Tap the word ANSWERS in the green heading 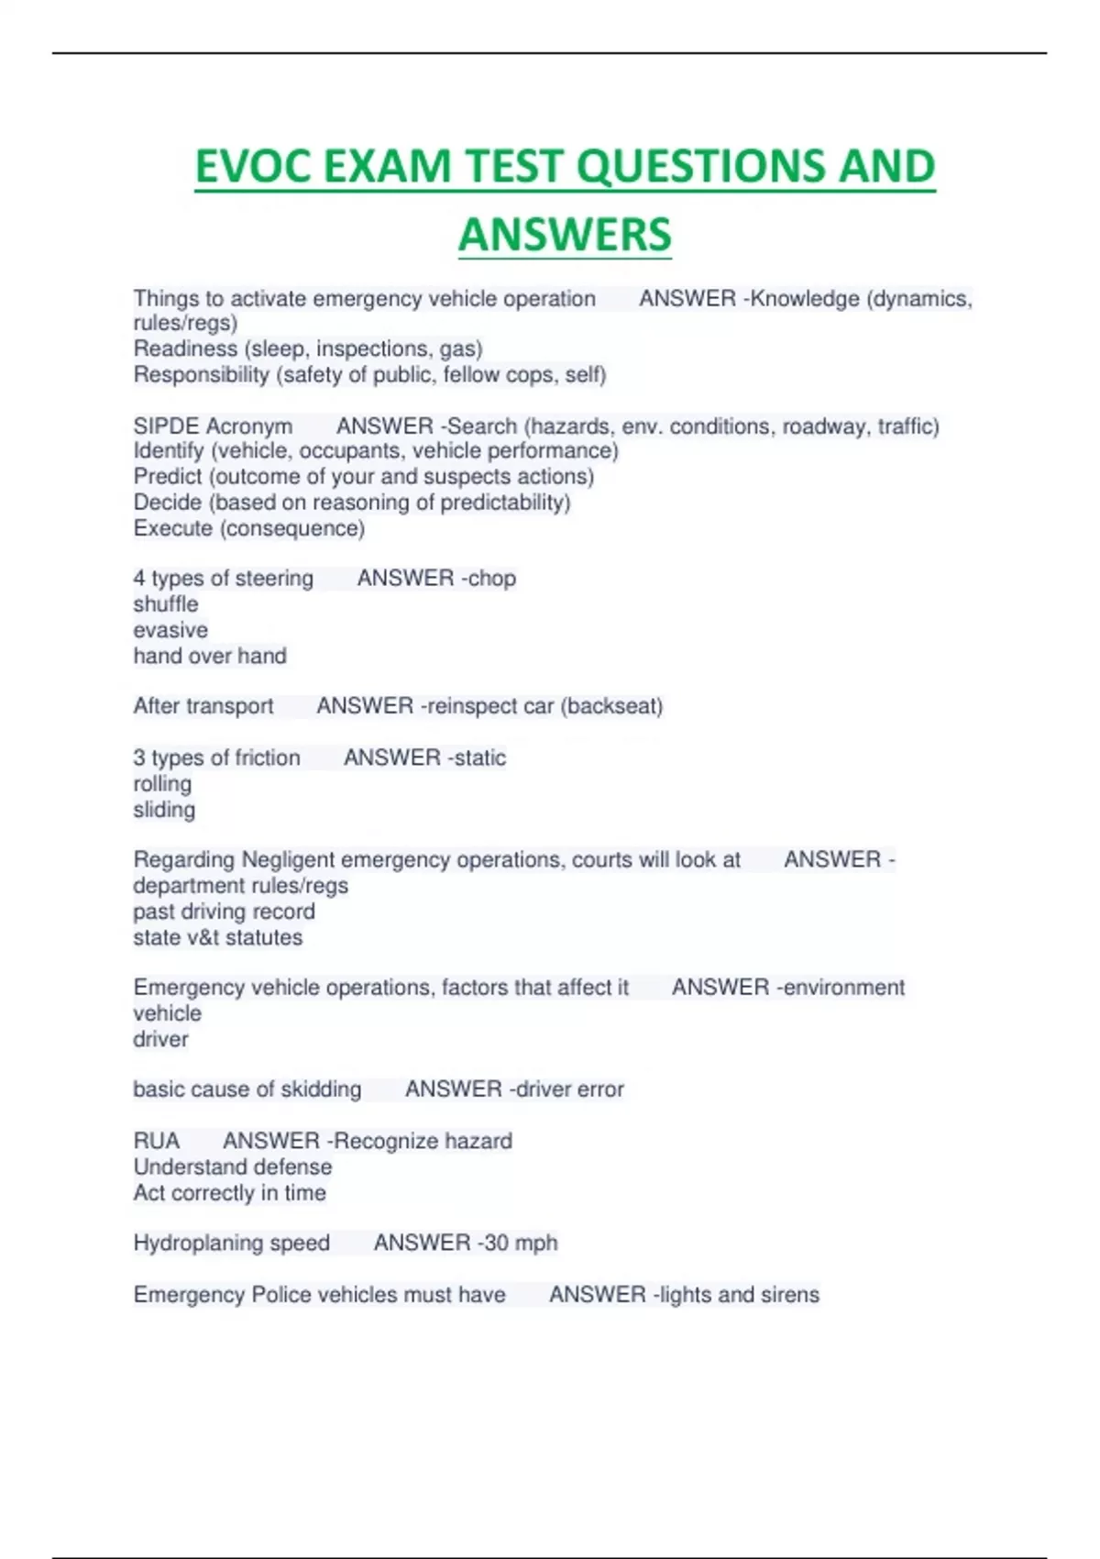(565, 235)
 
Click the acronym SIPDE (167, 426)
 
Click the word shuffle (166, 604)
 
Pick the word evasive (170, 630)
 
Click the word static (480, 757)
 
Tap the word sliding (164, 810)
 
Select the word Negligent (287, 860)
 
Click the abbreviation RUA (157, 1141)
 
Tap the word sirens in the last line (789, 1295)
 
